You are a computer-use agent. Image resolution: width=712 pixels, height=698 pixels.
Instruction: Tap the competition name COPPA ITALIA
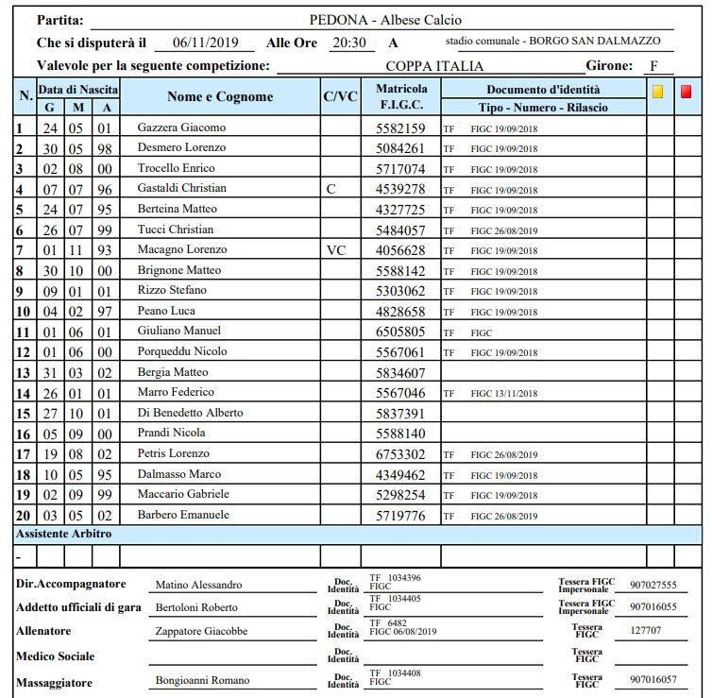434,66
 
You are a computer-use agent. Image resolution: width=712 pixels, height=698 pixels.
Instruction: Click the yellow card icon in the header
658,93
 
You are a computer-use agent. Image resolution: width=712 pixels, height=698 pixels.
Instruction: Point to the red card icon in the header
687,93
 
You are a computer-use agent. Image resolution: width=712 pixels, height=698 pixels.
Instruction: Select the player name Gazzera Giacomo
182,128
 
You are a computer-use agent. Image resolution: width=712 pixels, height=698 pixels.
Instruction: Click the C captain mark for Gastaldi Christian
330,189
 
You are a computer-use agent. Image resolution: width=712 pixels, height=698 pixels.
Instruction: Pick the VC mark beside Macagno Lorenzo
336,250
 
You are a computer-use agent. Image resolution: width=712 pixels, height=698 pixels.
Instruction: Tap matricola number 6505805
400,332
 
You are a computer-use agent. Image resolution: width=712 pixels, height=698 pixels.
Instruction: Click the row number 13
24,372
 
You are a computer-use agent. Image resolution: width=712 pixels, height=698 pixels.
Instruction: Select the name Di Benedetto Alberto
190,413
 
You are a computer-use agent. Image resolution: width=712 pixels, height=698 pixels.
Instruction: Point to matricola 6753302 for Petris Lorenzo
400,454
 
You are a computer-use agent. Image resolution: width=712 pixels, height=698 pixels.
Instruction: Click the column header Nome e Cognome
220,96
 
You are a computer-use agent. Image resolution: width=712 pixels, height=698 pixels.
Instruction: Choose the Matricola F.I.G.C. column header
400,96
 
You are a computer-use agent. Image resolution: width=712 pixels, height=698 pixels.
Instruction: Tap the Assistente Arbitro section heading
64,535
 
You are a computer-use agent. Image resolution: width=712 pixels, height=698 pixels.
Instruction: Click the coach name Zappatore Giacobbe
201,632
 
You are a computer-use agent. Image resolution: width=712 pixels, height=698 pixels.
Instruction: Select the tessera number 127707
646,632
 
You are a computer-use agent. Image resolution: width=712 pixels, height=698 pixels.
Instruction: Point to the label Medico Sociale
56,656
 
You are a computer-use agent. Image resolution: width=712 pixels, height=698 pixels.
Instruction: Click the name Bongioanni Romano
202,681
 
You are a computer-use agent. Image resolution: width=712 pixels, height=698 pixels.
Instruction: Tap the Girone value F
653,66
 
